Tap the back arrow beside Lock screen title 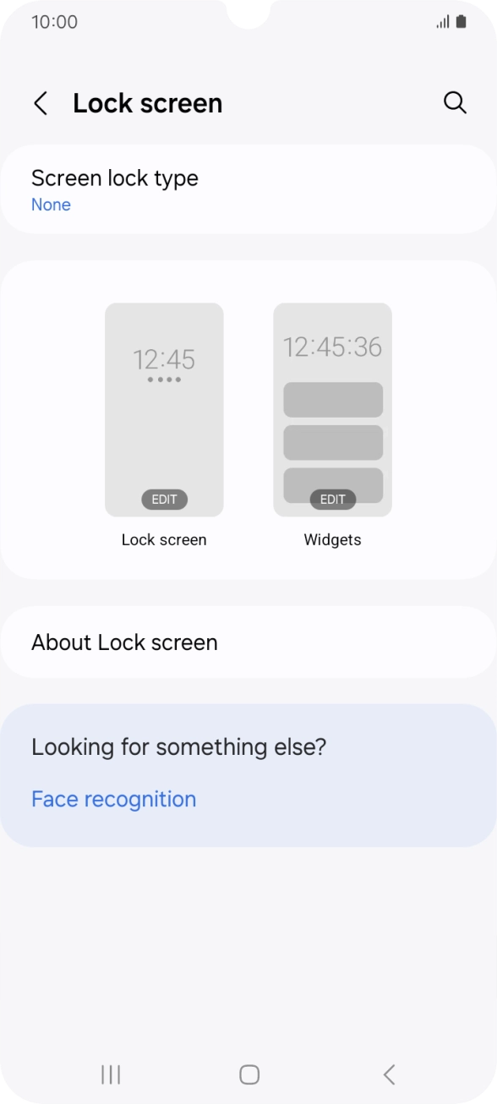coord(40,103)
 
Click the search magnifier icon coord(455,102)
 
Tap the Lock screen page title coord(147,103)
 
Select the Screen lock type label coord(115,178)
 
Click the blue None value coord(51,205)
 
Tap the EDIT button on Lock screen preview coord(164,499)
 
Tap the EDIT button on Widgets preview coord(332,499)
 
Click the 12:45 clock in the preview coord(164,359)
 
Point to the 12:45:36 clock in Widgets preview coord(332,347)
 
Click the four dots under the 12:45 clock coord(164,380)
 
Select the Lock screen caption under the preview coord(164,540)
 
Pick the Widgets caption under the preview coord(332,540)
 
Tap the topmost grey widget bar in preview coord(332,400)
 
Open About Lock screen coord(124,642)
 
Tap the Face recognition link coord(113,799)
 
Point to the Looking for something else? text coord(178,747)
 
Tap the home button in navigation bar coord(248,1074)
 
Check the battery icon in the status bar coord(461,22)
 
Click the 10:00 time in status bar coord(54,22)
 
